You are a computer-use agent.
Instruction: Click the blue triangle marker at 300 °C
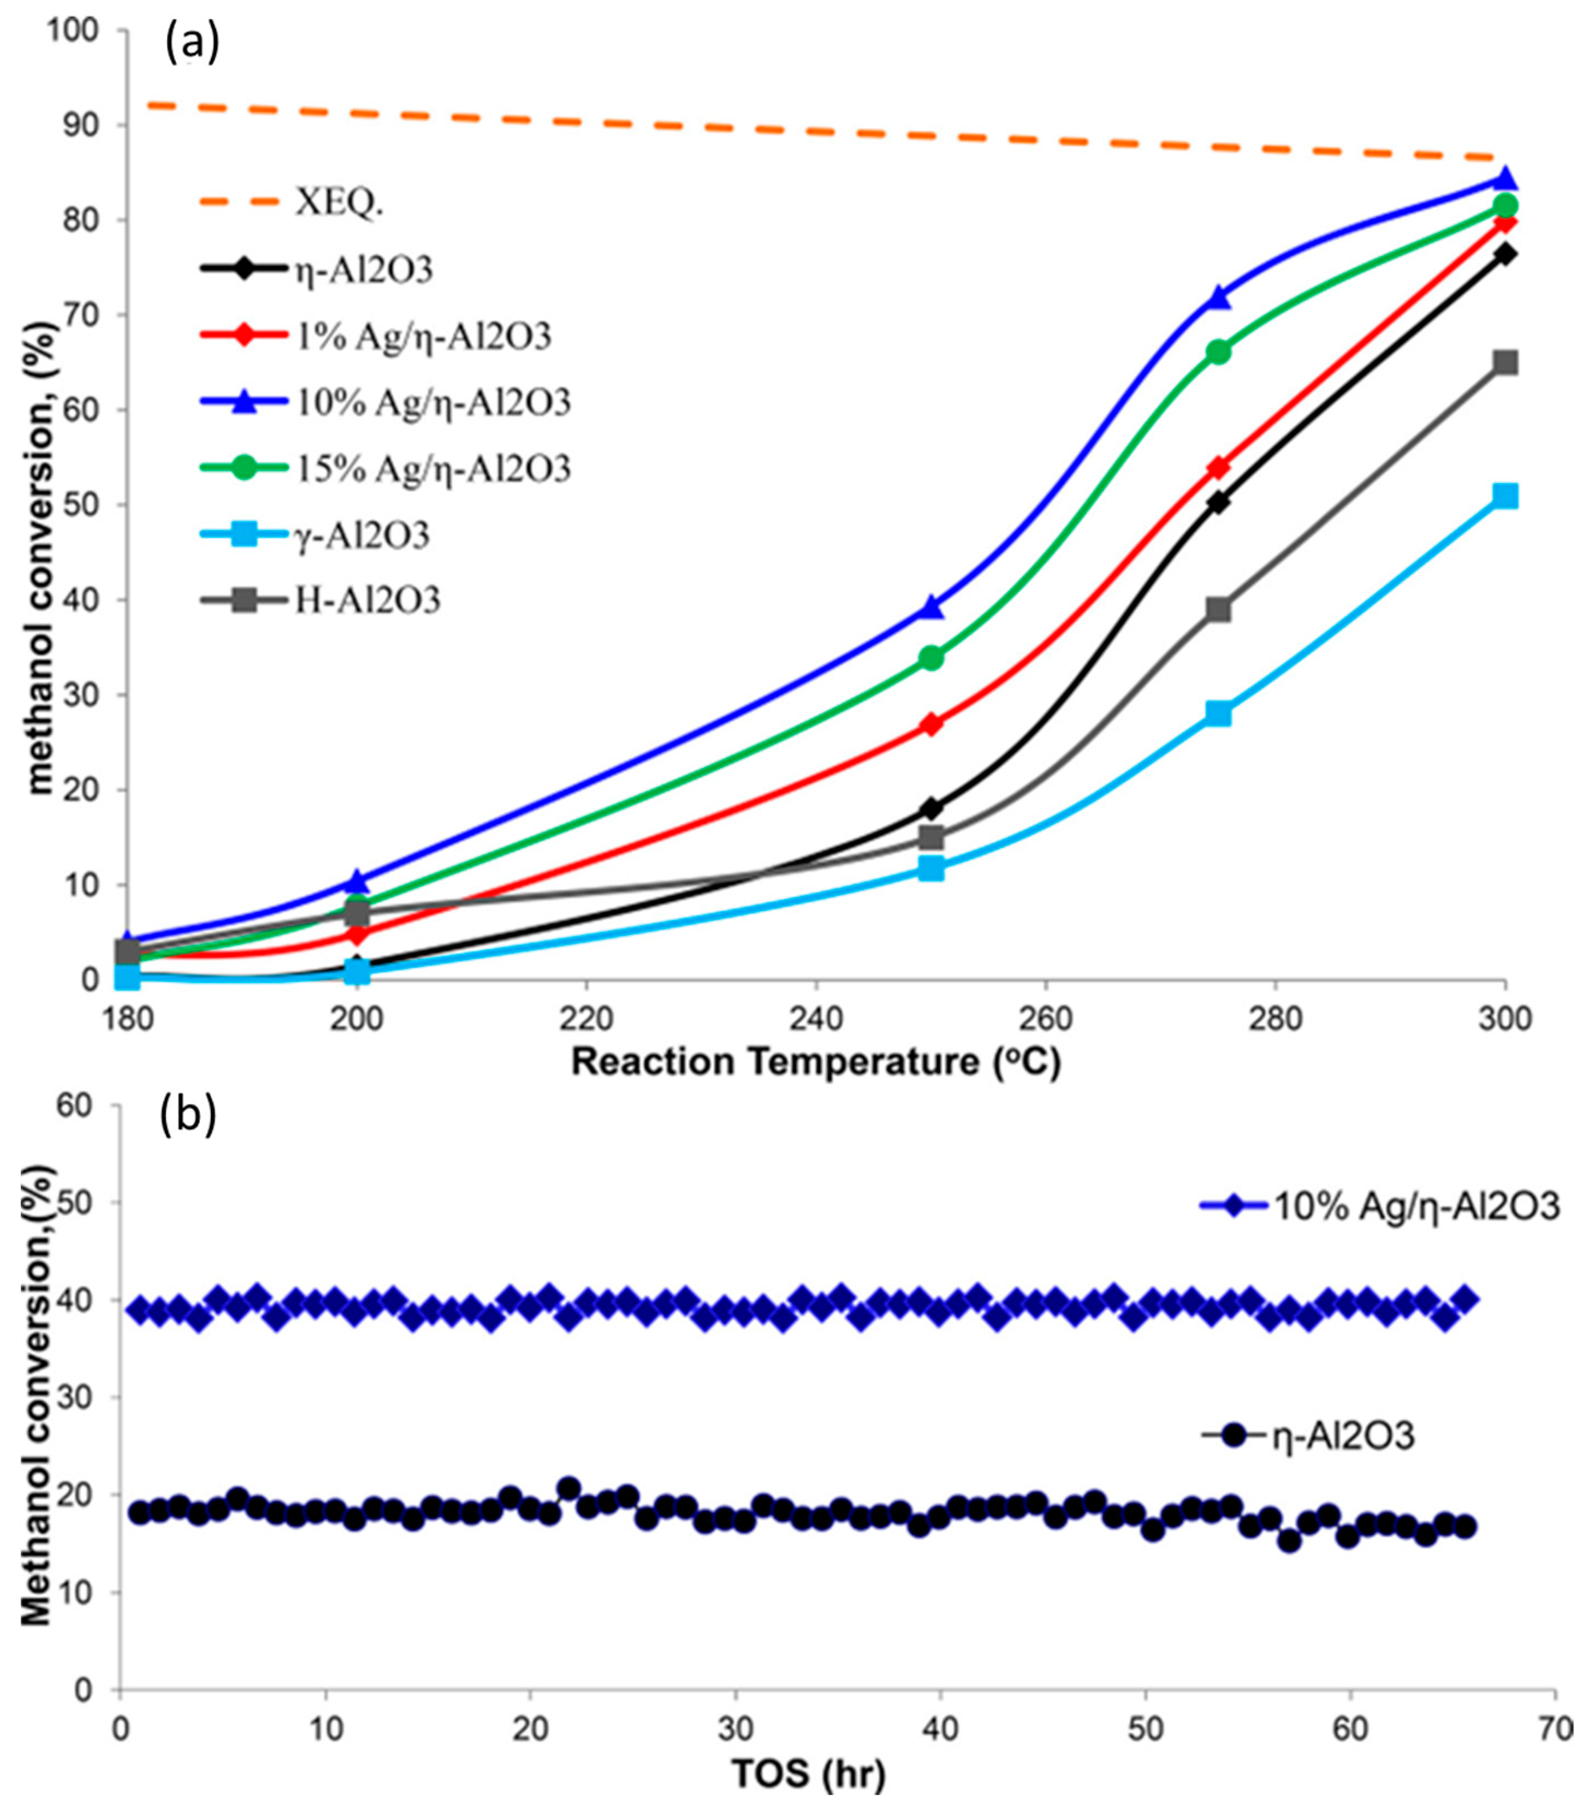[x=1505, y=180]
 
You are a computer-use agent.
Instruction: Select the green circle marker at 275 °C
[x=1218, y=352]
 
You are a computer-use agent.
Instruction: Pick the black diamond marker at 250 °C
[x=930, y=808]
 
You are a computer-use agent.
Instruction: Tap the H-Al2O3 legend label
[x=367, y=601]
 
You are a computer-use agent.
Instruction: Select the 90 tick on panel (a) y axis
[x=88, y=126]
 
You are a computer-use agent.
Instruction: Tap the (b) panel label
[x=188, y=1117]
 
